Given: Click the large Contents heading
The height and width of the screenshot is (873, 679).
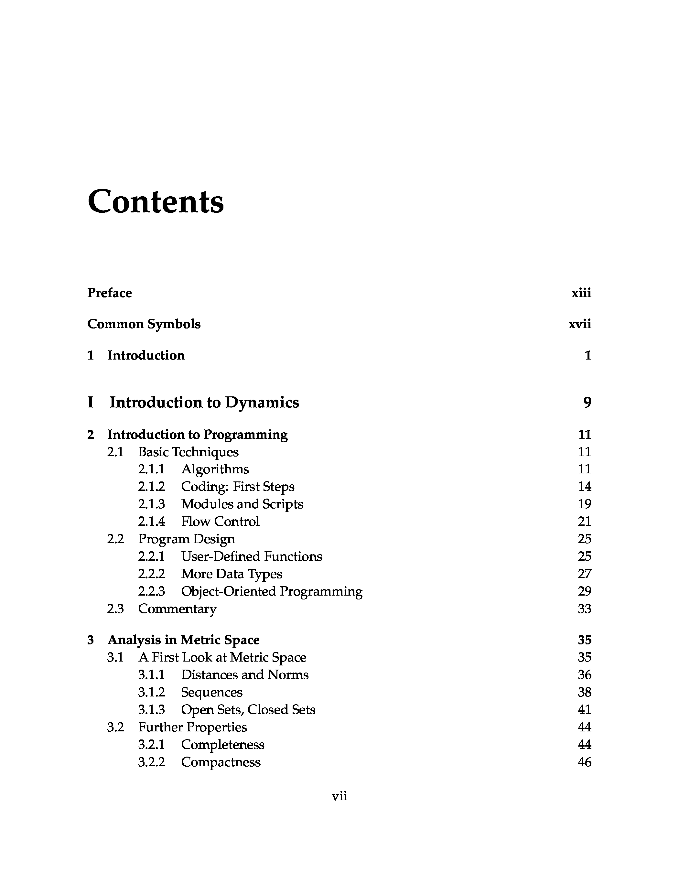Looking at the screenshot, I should click(x=156, y=201).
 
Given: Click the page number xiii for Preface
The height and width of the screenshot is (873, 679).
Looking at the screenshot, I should click(x=581, y=293).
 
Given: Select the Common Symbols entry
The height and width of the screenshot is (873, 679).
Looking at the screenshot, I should click(x=144, y=324).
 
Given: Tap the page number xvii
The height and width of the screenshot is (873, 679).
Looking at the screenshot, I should click(x=579, y=324).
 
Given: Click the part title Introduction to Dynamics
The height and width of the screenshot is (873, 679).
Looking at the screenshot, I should click(x=204, y=402).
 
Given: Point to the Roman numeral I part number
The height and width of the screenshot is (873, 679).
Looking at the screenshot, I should click(x=90, y=402).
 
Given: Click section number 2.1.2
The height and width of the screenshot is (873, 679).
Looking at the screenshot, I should click(x=151, y=487).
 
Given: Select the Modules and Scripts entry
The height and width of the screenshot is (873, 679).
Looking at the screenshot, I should click(x=242, y=504).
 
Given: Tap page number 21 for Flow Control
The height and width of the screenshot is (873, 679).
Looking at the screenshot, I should click(x=584, y=522).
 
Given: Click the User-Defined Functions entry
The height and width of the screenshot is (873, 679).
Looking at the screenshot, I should click(x=251, y=556).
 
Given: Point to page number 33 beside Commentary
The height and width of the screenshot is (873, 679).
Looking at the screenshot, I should click(x=584, y=609).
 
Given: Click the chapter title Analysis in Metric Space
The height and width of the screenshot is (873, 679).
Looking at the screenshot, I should click(x=183, y=640).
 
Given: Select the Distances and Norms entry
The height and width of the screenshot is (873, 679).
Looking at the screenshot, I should click(x=244, y=675).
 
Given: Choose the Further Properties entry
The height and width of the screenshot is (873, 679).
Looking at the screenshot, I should click(x=193, y=727).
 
